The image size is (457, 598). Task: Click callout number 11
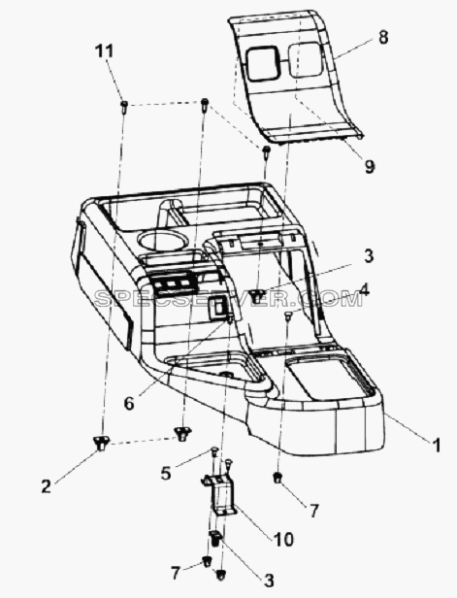[104, 51]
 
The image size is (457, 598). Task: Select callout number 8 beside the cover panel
[383, 37]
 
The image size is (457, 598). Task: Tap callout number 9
[370, 166]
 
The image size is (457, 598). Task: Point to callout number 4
[364, 290]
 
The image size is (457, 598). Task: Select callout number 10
[282, 540]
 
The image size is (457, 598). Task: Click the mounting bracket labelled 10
[220, 495]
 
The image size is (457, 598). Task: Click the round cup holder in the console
[163, 241]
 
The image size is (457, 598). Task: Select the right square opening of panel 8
[304, 59]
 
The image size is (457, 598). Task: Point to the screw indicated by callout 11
[124, 106]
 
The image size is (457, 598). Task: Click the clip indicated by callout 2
[101, 443]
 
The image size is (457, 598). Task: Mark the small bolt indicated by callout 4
[288, 316]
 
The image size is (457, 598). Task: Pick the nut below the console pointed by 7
[277, 477]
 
